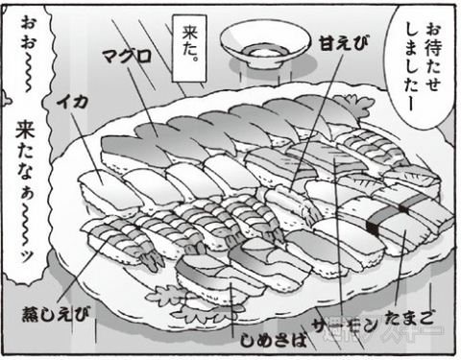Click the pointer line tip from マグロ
pos(182,133)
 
